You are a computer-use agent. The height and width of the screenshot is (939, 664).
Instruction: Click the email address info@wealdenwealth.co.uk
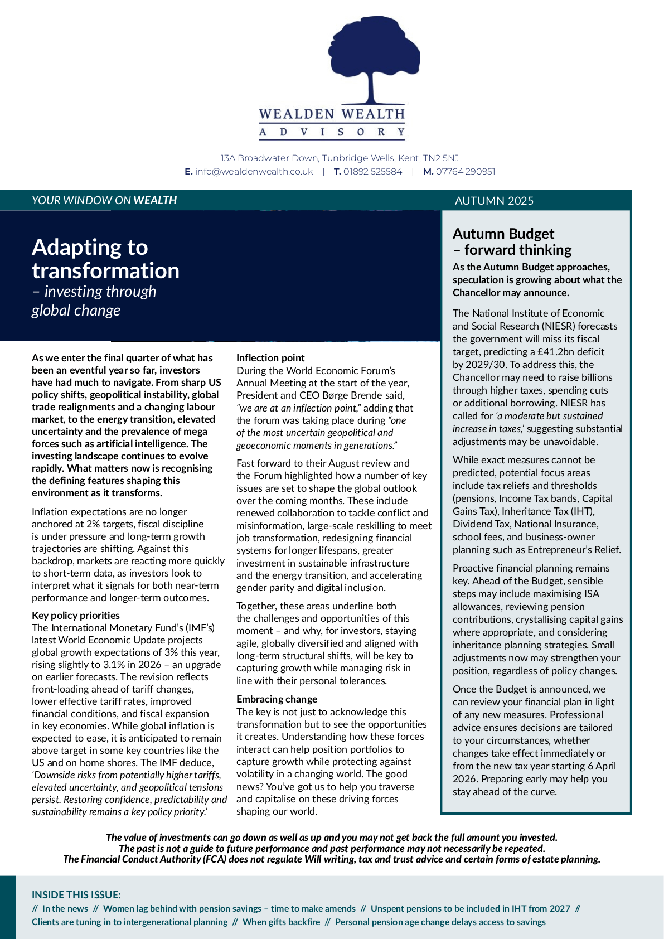coord(254,172)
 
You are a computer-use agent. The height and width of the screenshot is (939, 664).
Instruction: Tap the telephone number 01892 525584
coord(372,172)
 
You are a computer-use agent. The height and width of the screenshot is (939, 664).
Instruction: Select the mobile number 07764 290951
coord(466,172)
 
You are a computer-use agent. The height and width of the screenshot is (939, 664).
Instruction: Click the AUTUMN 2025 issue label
coord(494,201)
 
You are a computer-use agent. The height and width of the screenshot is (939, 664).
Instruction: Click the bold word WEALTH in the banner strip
coord(155,200)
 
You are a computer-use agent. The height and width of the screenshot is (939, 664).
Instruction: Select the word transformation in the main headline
coord(105,271)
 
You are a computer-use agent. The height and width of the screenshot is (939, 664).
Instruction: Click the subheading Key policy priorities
coord(76,616)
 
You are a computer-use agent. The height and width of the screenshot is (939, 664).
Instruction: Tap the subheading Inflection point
coord(270,358)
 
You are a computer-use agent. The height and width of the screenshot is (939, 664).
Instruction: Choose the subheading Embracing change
coord(277,699)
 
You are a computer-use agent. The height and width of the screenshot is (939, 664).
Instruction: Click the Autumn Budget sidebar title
coord(503,234)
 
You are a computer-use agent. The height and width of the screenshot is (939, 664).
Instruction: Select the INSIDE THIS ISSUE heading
coord(76,895)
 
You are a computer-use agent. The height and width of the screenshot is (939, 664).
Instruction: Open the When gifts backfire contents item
coord(281,922)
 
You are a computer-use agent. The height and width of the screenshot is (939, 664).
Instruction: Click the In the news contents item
coord(65,908)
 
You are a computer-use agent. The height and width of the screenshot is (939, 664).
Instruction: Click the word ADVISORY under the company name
coord(332,132)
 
